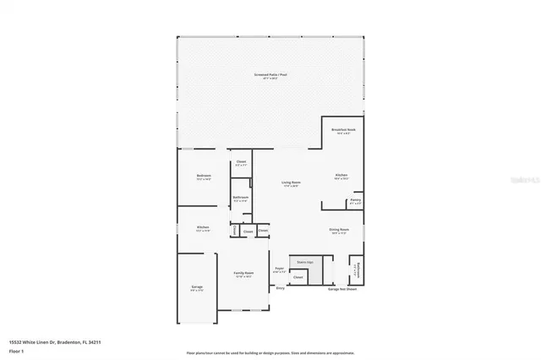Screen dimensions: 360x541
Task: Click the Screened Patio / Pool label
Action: click(270, 76)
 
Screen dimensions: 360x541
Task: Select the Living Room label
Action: click(292, 183)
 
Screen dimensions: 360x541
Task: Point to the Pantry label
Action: click(356, 201)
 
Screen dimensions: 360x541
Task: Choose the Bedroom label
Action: click(203, 177)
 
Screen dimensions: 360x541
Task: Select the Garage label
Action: click(197, 288)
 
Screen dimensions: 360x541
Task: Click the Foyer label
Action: click(279, 270)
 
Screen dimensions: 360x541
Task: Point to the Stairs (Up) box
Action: click(303, 263)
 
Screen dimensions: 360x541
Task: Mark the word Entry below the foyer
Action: click(280, 288)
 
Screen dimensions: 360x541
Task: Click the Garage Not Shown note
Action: click(343, 289)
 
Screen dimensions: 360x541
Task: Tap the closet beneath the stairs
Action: click(298, 277)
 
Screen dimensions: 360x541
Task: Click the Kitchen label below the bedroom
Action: click(203, 228)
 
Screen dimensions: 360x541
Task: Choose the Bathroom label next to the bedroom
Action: click(240, 199)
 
